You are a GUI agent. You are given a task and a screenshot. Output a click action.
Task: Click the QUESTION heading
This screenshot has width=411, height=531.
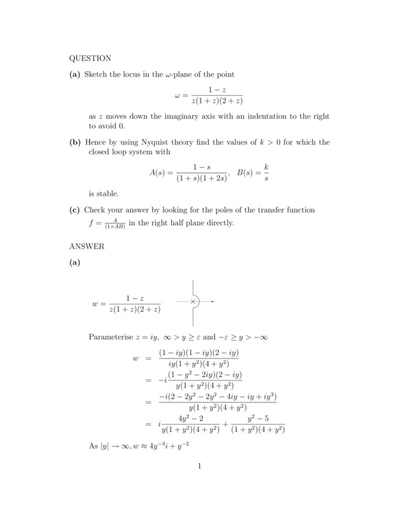point(90,58)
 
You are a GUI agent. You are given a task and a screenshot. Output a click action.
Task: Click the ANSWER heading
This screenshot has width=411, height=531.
point(86,246)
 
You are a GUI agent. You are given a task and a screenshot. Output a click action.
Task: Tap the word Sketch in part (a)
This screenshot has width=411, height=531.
point(95,74)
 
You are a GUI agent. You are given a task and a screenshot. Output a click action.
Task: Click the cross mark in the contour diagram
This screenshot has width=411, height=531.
point(193,301)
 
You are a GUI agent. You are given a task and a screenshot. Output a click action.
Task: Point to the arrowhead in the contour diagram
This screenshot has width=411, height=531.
point(213,301)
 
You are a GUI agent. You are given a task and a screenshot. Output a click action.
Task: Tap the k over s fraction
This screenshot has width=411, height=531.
point(266,172)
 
